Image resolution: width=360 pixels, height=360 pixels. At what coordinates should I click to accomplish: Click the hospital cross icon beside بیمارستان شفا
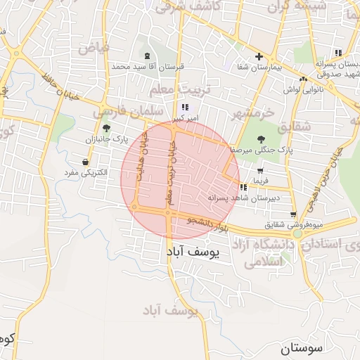[259, 56]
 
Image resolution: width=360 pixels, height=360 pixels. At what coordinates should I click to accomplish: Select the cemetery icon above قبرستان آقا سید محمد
[146, 56]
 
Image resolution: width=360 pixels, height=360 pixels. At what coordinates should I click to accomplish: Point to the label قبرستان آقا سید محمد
[147, 66]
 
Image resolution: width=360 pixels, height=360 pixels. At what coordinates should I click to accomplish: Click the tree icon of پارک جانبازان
[106, 128]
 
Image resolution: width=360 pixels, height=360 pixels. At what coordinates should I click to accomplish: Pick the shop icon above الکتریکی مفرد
[85, 162]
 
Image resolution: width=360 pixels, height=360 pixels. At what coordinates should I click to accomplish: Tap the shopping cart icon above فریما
[260, 170]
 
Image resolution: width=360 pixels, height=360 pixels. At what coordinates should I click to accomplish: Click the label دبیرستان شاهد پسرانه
[244, 198]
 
